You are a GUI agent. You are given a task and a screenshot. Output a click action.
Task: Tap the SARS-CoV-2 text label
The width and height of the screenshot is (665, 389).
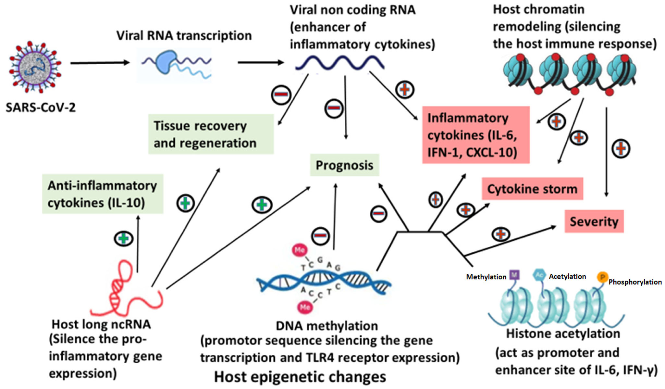coord(41,107)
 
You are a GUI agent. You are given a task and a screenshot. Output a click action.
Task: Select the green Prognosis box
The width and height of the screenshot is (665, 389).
coord(344,165)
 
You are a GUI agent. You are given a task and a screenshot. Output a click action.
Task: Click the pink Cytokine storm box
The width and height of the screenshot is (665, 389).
coord(532,189)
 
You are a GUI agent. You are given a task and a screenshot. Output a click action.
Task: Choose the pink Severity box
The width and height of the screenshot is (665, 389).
coord(594,221)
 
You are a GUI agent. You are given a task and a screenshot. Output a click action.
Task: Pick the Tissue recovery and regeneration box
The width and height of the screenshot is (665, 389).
coord(211,134)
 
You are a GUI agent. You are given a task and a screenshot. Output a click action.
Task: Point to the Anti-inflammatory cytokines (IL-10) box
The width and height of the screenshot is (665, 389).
coord(103,194)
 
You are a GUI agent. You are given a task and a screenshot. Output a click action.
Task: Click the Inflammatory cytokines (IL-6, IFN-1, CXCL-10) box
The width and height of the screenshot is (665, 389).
coord(475,135)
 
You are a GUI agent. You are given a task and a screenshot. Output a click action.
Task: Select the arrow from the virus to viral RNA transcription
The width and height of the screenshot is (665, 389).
coord(100,63)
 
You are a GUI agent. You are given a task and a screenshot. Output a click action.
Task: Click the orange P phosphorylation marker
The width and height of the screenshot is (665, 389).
coord(602,277)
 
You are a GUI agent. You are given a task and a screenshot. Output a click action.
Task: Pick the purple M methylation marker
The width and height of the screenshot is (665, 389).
coord(514,275)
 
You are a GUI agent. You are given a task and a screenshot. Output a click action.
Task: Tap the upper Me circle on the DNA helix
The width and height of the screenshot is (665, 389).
coord(300,250)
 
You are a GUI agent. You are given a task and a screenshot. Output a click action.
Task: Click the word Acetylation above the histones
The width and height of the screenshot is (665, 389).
coord(567,276)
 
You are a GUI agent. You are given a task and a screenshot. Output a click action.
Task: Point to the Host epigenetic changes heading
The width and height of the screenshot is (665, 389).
coord(300,377)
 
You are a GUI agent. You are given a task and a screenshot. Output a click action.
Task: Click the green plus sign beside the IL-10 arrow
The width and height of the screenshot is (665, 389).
coord(124,239)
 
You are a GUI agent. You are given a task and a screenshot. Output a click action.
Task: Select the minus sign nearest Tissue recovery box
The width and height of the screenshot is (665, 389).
coord(281,95)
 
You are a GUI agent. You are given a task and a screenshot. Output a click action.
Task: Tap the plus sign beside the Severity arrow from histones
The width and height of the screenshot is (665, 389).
coord(500,234)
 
